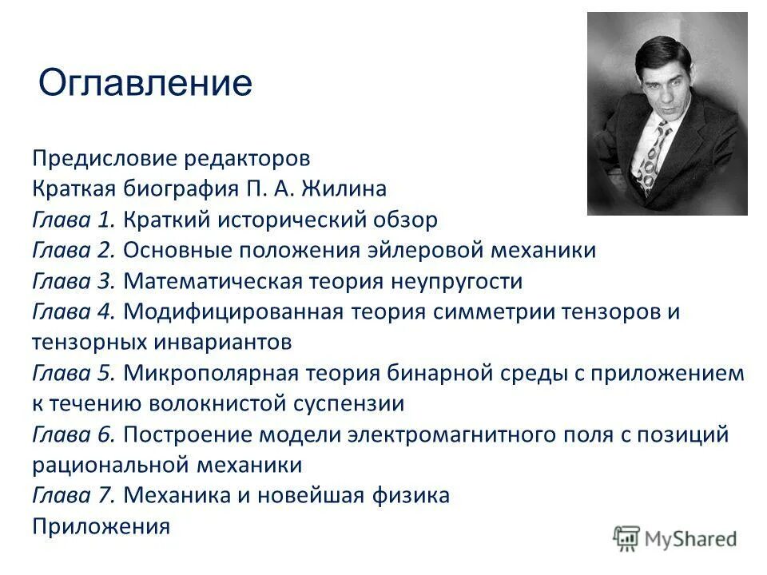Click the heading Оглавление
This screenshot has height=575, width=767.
pyautogui.click(x=145, y=83)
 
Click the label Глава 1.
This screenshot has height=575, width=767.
pyautogui.click(x=74, y=220)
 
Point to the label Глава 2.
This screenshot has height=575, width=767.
pyautogui.click(x=74, y=251)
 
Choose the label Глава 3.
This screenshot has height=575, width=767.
pyautogui.click(x=74, y=281)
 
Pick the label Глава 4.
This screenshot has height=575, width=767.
pyautogui.click(x=74, y=311)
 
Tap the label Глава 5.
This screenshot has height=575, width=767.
pyautogui.click(x=74, y=373)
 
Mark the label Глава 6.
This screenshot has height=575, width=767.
pyautogui.click(x=74, y=434)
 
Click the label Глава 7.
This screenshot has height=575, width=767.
pyautogui.click(x=74, y=496)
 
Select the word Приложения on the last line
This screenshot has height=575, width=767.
pyautogui.click(x=101, y=527)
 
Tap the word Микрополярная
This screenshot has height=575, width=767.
pyautogui.click(x=212, y=373)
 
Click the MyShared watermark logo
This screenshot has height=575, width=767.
pyautogui.click(x=675, y=537)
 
